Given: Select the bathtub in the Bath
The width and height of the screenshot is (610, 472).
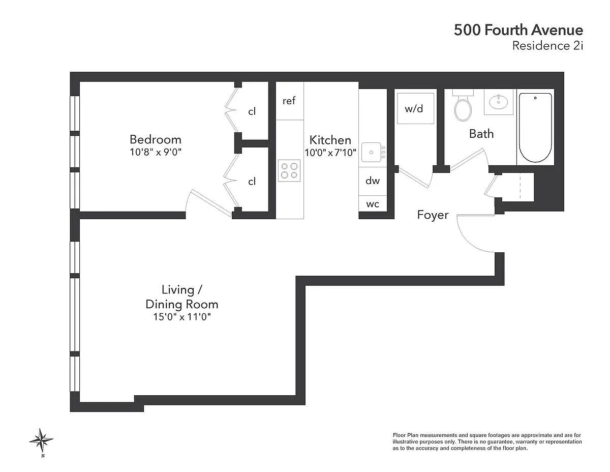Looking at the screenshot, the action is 535,128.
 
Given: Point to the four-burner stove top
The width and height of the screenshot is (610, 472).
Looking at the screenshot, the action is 289,170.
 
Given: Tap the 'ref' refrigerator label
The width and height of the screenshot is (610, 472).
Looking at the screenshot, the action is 289,101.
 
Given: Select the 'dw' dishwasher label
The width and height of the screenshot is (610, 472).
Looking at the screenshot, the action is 373,181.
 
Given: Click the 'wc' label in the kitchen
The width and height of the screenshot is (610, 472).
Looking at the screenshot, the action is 373,204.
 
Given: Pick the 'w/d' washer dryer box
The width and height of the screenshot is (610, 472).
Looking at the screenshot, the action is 415,108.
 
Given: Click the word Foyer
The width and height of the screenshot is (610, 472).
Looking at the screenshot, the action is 433,215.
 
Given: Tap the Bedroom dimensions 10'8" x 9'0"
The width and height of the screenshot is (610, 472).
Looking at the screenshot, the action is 156,152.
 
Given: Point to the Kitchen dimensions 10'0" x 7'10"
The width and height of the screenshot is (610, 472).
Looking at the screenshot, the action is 330,153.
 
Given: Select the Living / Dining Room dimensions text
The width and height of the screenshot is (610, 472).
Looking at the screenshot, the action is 182,317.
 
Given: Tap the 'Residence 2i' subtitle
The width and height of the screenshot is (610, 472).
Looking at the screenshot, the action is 547,45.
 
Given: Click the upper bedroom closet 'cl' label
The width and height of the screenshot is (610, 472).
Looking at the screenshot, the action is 252,111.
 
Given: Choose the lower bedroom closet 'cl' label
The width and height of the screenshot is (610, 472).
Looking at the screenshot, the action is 252,182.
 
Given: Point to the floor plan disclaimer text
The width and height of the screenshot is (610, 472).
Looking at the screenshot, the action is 487,441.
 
